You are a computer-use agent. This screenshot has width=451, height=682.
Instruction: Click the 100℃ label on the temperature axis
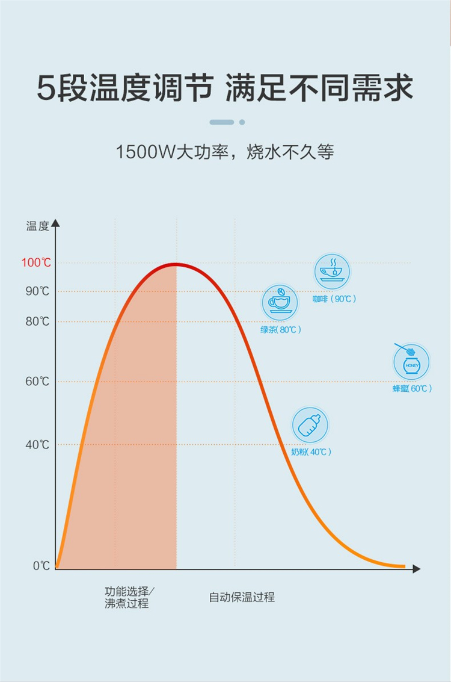[x=37, y=263]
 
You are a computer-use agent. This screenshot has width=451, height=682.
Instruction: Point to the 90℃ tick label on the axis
[x=37, y=292]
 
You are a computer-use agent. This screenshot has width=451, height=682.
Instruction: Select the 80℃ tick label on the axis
[x=37, y=321]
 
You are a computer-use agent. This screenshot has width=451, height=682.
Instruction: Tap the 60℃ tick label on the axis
[x=37, y=382]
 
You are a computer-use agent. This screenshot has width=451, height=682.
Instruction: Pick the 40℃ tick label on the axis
[x=37, y=445]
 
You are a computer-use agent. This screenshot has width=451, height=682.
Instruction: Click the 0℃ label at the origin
[x=41, y=566]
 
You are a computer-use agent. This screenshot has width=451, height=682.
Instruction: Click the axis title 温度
[x=37, y=226]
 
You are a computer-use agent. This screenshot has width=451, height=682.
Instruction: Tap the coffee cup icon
[x=332, y=271]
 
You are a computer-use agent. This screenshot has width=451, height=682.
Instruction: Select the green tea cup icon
[x=280, y=302]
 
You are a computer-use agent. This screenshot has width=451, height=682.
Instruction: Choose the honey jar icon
[x=411, y=362]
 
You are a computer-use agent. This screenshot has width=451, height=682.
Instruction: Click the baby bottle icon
[x=310, y=425]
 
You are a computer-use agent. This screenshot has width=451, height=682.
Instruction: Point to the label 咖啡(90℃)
[x=334, y=299]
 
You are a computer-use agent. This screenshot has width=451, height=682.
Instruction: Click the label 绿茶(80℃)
[x=281, y=330]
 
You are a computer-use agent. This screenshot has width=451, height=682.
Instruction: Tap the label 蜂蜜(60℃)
[x=412, y=389]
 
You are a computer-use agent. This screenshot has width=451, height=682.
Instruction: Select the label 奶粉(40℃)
[x=311, y=452]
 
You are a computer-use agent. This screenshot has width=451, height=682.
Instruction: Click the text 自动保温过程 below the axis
[x=242, y=597]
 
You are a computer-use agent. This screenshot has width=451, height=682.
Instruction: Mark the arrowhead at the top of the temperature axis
[x=56, y=223]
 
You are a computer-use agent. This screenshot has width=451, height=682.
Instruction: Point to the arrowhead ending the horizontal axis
[x=417, y=568]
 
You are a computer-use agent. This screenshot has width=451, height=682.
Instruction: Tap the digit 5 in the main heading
[x=46, y=88]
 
